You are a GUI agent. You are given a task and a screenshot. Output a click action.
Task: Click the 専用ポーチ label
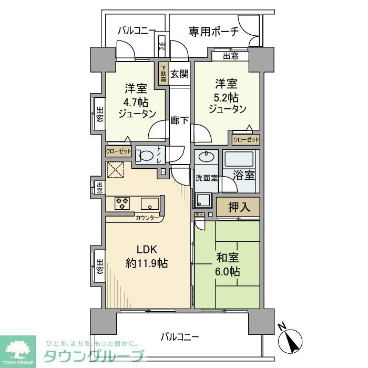pos(213,32)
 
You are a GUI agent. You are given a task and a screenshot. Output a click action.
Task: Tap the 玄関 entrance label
pos(179,74)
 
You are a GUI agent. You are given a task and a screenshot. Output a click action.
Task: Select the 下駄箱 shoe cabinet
pos(163,74)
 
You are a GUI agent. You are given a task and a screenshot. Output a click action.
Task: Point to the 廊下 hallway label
pos(179,120)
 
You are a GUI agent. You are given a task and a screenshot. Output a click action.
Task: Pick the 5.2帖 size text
pos(227,97)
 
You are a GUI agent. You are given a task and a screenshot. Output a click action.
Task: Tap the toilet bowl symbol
pos(146,156)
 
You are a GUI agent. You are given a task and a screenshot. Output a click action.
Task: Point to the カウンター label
pos(147,217)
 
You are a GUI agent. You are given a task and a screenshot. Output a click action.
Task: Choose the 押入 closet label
pos(237,207)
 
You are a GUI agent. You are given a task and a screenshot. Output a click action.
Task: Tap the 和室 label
pos(228,258)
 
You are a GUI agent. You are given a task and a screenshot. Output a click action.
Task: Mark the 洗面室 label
pos(207,178)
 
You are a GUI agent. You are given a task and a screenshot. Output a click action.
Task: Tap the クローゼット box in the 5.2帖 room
pos(246,140)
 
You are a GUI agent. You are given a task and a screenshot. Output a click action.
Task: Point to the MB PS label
pos(162,47)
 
